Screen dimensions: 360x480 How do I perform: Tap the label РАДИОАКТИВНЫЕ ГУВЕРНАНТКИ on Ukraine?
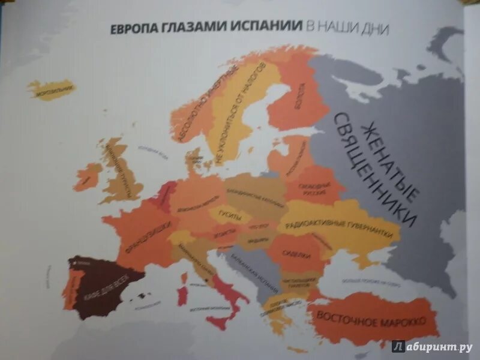pos(343,227)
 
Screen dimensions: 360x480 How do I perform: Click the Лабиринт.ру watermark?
pos(432,346)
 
